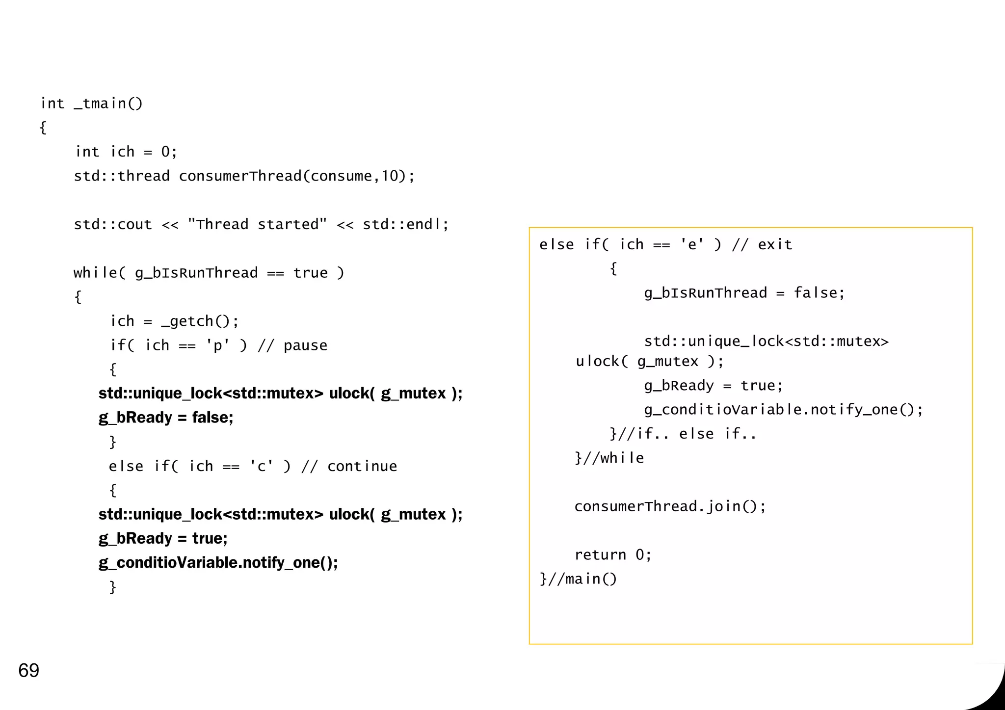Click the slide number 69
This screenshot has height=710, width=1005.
pyautogui.click(x=28, y=670)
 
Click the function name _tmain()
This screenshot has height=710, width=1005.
pyautogui.click(x=108, y=104)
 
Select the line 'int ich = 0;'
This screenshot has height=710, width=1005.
pyautogui.click(x=126, y=152)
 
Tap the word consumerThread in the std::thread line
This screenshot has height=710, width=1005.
pyautogui.click(x=239, y=176)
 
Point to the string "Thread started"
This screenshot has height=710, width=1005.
pyautogui.click(x=257, y=224)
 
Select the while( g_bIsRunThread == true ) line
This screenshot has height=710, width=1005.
pyautogui.click(x=209, y=273)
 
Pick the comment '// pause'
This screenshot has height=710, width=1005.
pyautogui.click(x=292, y=345)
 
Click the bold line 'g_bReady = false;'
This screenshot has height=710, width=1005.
pyautogui.click(x=166, y=418)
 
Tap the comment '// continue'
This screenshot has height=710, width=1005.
pyautogui.click(x=349, y=466)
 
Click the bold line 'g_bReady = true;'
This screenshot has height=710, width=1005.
pyautogui.click(x=163, y=538)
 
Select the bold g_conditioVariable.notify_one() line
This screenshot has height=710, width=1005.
pyautogui.click(x=218, y=562)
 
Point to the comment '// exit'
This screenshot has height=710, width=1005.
pyautogui.click(x=762, y=244)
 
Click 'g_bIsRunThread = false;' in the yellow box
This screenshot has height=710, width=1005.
pyautogui.click(x=744, y=293)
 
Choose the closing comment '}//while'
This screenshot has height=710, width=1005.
pyautogui.click(x=609, y=458)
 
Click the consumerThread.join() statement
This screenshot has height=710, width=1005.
pyautogui.click(x=670, y=506)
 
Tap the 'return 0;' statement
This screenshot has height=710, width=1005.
pyautogui.click(x=613, y=554)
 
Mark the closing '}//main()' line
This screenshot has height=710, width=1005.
pyautogui.click(x=578, y=579)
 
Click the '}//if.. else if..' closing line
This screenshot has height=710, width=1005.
pyautogui.click(x=683, y=434)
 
